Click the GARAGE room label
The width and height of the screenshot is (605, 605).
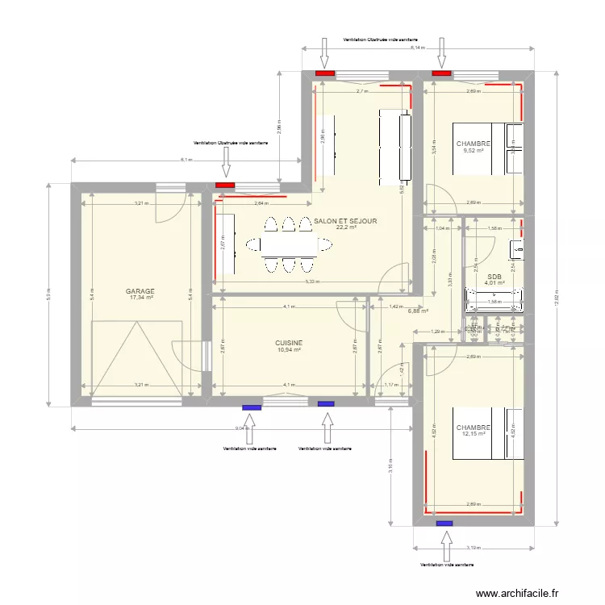tap(140, 291)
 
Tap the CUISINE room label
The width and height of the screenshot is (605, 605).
tap(288, 342)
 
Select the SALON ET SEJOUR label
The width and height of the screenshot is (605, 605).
tap(345, 220)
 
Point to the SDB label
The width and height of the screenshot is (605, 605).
tap(494, 276)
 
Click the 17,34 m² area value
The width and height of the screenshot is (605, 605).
tap(140, 298)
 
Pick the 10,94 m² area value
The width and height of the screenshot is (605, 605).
tap(288, 349)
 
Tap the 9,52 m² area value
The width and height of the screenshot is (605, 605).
tap(473, 150)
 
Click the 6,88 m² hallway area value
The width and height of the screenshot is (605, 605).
tap(418, 311)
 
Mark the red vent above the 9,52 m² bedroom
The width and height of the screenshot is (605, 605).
tap(441, 73)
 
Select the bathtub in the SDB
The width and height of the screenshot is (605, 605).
tap(494, 303)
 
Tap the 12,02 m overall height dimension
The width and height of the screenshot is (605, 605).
tap(555, 295)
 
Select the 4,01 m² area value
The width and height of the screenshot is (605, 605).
tap(494, 283)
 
